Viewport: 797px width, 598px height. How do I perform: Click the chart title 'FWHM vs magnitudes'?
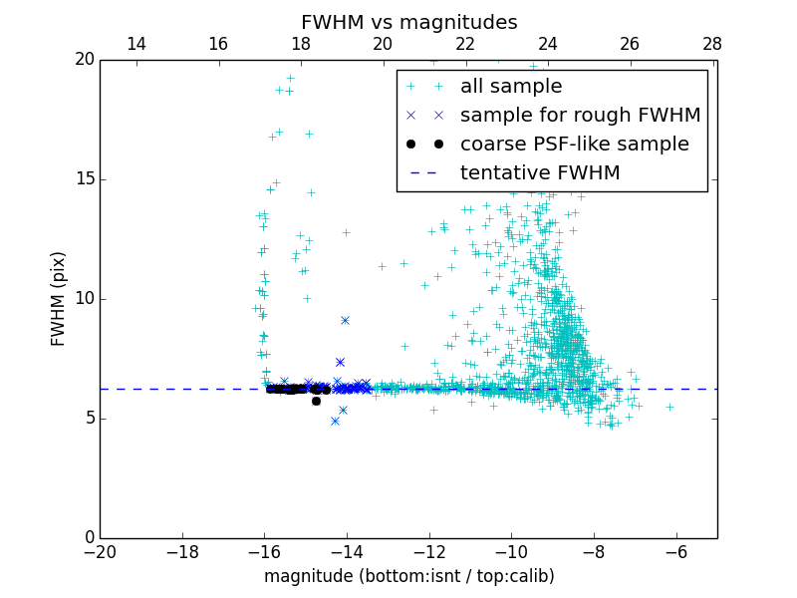click(408, 22)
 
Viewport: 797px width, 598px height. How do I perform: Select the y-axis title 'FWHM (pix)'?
click(59, 298)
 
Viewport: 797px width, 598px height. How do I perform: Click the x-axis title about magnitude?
click(408, 576)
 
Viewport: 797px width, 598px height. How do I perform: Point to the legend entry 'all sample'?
click(511, 87)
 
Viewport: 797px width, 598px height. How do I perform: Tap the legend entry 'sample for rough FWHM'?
click(580, 116)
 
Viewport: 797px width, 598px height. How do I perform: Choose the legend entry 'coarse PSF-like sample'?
click(574, 145)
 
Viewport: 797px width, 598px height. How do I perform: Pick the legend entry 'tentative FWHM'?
click(539, 173)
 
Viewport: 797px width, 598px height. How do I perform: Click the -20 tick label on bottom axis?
click(100, 551)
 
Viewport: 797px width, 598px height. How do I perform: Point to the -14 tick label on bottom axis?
click(347, 551)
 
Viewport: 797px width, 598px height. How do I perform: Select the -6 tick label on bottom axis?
click(675, 551)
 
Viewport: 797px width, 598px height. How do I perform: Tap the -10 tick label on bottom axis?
click(511, 551)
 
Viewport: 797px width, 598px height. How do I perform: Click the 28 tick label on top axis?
click(712, 44)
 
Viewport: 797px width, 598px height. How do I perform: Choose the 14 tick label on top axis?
click(136, 44)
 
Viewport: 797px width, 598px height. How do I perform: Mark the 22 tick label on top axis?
click(465, 44)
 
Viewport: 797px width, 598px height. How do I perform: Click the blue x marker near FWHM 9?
click(345, 320)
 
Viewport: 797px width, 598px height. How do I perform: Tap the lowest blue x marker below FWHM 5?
click(335, 421)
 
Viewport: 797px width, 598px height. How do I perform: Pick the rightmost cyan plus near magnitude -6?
click(669, 407)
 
